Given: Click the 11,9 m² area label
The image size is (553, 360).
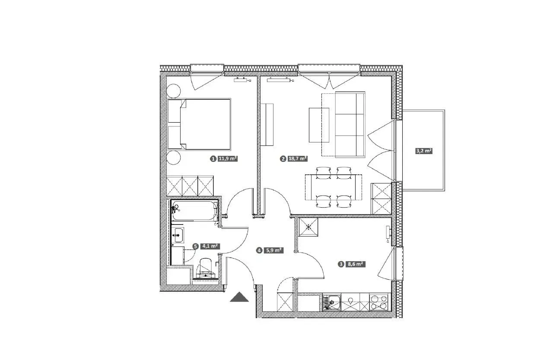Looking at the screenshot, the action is point(228,158).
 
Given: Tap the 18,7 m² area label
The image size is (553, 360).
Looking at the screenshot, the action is point(298,158).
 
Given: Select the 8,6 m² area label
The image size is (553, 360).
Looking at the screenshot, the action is point(355,264).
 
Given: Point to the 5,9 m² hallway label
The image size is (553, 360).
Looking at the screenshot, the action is point(273,250).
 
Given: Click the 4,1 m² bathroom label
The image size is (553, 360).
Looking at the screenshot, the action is point(210,246).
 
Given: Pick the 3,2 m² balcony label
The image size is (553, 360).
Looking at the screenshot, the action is point(424,151).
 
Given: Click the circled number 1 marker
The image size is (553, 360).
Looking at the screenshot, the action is point(213,159).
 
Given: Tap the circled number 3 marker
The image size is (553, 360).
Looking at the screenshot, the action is point(341,264).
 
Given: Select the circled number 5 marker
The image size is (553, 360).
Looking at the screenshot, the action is point(196,246).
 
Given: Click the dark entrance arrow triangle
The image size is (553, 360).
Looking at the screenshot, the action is point(239,297).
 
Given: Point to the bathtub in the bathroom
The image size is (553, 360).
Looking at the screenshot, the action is point(195,211).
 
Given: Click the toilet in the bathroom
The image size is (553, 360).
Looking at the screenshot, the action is point(205,268).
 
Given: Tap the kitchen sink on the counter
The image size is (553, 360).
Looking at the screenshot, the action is point(331,302).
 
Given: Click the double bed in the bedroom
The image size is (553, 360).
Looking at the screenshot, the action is point(199,124).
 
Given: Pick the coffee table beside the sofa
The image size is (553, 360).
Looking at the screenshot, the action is point(319,125).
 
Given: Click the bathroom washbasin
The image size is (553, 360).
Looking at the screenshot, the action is point(178,235).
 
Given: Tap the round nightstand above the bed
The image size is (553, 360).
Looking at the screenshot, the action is point(173,91).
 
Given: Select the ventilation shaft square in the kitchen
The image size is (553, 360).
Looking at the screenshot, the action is point(308,227).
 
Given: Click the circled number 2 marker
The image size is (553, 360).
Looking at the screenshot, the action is point(283,159).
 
